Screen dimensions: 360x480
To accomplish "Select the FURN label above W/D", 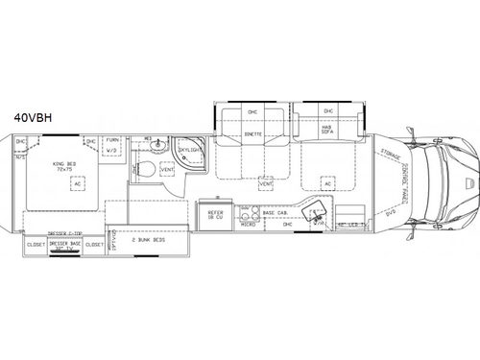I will pos(112,141).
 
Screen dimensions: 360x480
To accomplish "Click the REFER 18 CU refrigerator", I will pos(214,218).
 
